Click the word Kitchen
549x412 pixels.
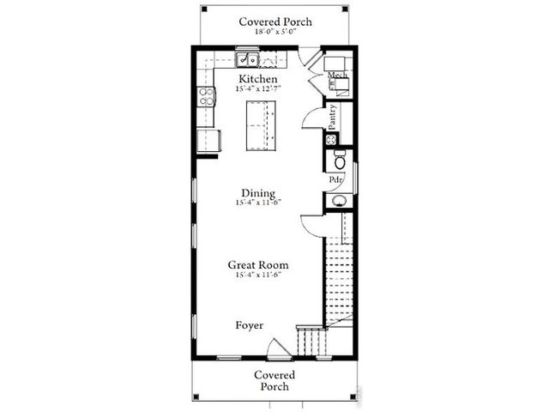point(258,78)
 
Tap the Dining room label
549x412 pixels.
point(258,193)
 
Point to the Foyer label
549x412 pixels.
point(250,325)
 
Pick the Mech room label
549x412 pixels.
point(335,76)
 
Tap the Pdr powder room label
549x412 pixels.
point(336,179)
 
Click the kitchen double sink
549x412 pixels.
point(249,60)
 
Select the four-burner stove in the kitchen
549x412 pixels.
point(207,97)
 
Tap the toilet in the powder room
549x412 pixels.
point(340,160)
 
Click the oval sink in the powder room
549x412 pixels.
point(339,201)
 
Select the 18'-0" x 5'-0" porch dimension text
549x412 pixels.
point(274,33)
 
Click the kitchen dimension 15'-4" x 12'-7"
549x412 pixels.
point(258,88)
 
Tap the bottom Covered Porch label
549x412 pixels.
point(274,381)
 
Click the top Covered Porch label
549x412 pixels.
point(274,21)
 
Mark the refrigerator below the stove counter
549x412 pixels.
point(208,140)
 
